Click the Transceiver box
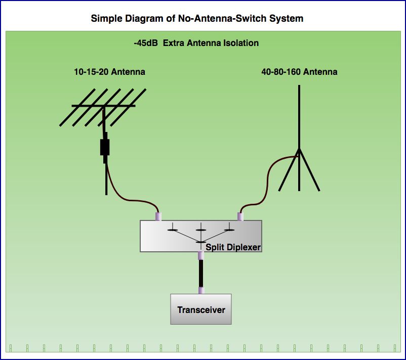[201, 309]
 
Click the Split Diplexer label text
[233, 247]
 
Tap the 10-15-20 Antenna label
[109, 72]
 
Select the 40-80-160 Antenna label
[299, 72]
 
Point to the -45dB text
[146, 43]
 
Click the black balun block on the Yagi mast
[105, 147]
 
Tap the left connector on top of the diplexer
[158, 216]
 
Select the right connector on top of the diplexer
[240, 216]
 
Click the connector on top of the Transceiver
[201, 290]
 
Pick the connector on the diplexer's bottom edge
[201, 256]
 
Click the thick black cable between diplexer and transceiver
[201, 274]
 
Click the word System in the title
[288, 19]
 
